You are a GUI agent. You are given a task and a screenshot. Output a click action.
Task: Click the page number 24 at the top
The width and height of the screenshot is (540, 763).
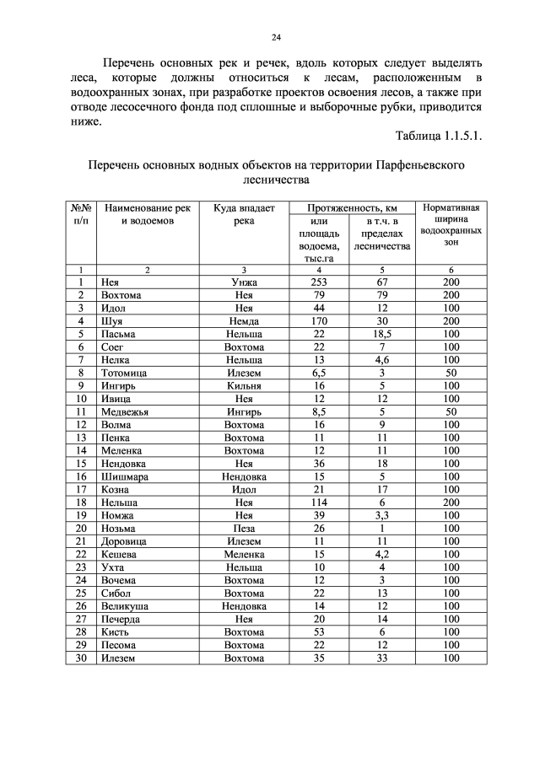point(276,36)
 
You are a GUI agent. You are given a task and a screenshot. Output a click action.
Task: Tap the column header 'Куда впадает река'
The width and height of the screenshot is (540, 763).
point(244,214)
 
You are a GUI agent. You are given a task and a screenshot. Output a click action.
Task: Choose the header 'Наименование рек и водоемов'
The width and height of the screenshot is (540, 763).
point(148,214)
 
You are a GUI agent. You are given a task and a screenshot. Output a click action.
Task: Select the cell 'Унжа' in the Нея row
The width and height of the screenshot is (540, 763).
point(244,282)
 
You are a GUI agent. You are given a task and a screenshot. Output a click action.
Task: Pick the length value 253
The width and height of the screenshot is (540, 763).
point(318,282)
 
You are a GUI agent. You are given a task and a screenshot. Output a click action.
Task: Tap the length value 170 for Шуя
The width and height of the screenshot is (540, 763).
point(318,321)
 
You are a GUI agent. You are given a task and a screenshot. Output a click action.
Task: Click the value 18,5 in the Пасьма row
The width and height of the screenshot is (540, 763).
point(381,335)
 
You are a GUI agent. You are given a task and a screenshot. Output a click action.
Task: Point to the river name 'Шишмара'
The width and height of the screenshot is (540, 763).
point(125,476)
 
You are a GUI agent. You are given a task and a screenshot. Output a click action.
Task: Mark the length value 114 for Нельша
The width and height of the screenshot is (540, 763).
point(318,502)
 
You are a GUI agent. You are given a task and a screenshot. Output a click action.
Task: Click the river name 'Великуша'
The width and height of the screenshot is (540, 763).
point(126,606)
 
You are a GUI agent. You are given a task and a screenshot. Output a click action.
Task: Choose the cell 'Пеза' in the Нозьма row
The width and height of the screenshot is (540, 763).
point(244,529)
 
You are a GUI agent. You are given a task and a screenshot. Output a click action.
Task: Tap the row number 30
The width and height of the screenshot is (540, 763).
point(81,658)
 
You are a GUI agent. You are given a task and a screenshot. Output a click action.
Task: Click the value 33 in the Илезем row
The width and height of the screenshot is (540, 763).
point(381,658)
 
